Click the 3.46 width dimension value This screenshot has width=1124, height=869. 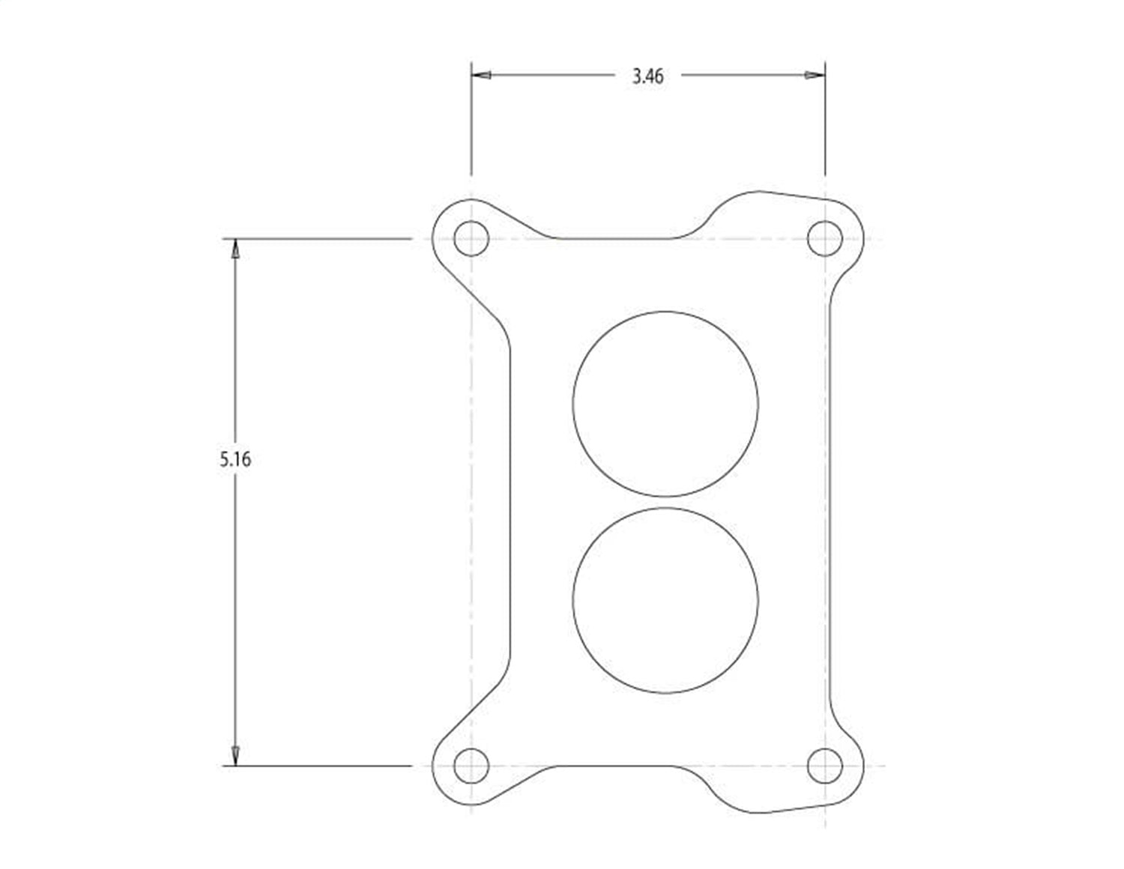647,76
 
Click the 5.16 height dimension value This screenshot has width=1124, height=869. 235,459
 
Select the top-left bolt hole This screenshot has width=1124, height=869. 471,239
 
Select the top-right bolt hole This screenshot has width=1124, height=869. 825,239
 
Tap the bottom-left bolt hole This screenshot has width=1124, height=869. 471,766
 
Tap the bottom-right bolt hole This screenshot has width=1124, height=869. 825,766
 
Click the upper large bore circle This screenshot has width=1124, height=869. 665,403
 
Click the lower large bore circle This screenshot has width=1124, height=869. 665,600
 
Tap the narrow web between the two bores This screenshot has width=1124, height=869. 665,502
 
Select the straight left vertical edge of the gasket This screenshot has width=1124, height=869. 511,502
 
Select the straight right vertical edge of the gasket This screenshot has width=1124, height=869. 830,502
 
